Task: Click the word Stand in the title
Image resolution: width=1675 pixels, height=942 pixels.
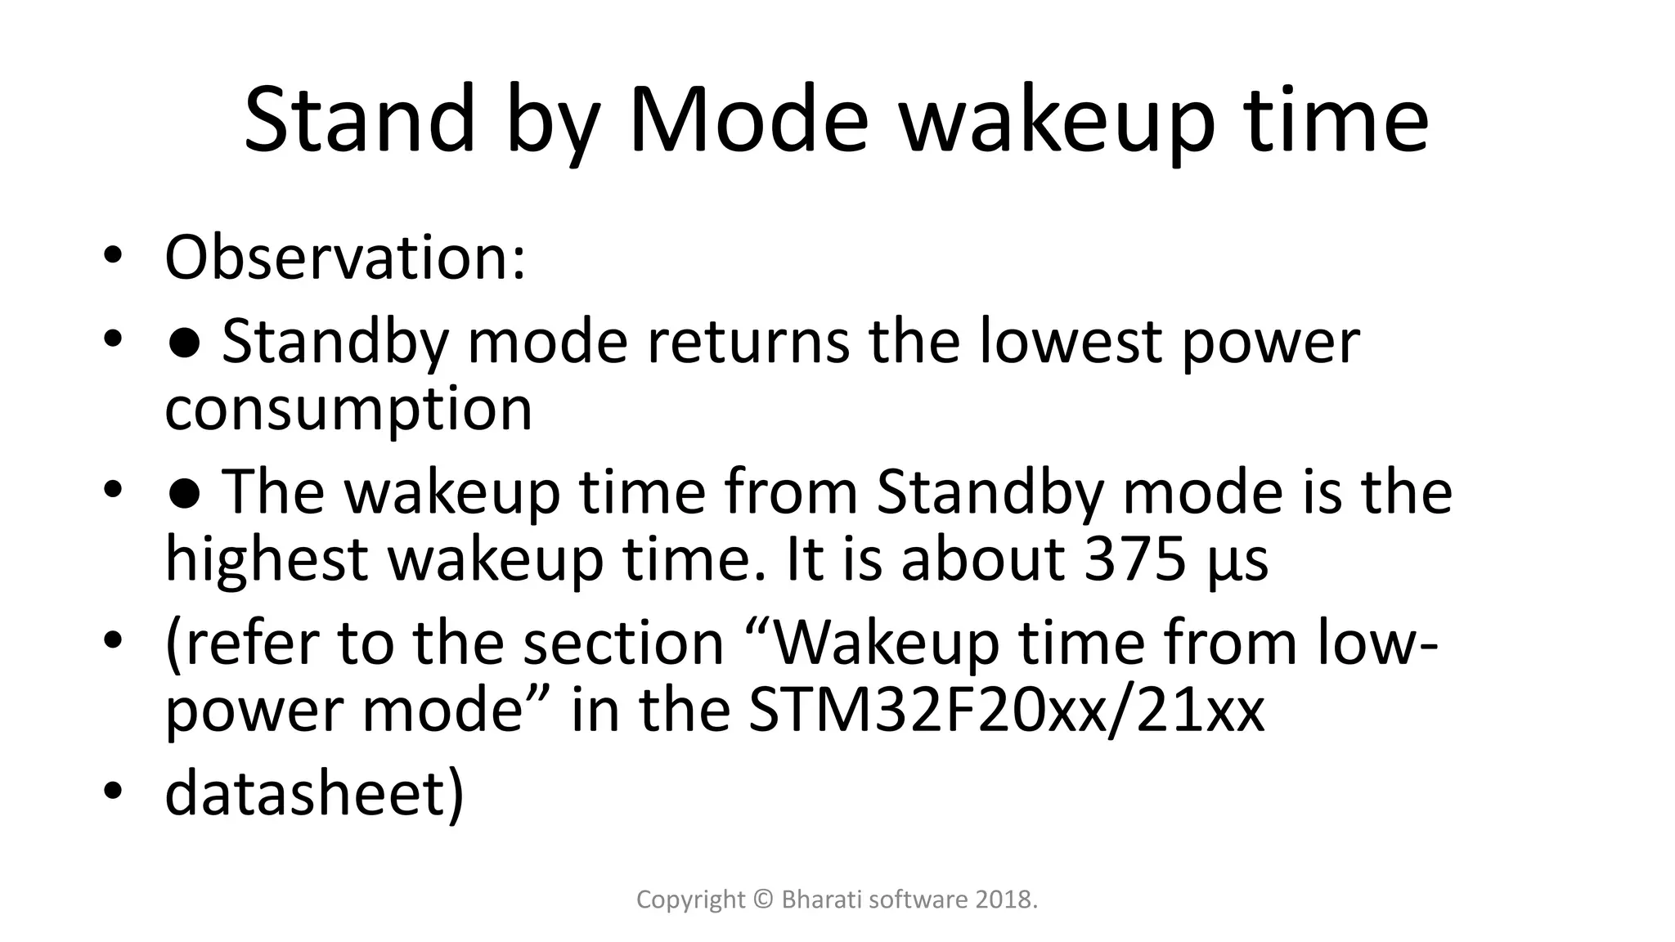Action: pos(359,120)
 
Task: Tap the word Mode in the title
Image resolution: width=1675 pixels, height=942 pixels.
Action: pos(748,120)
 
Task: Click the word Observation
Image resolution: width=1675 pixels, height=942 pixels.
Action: pos(344,258)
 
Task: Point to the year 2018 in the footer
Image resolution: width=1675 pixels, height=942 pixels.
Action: pos(1006,900)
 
